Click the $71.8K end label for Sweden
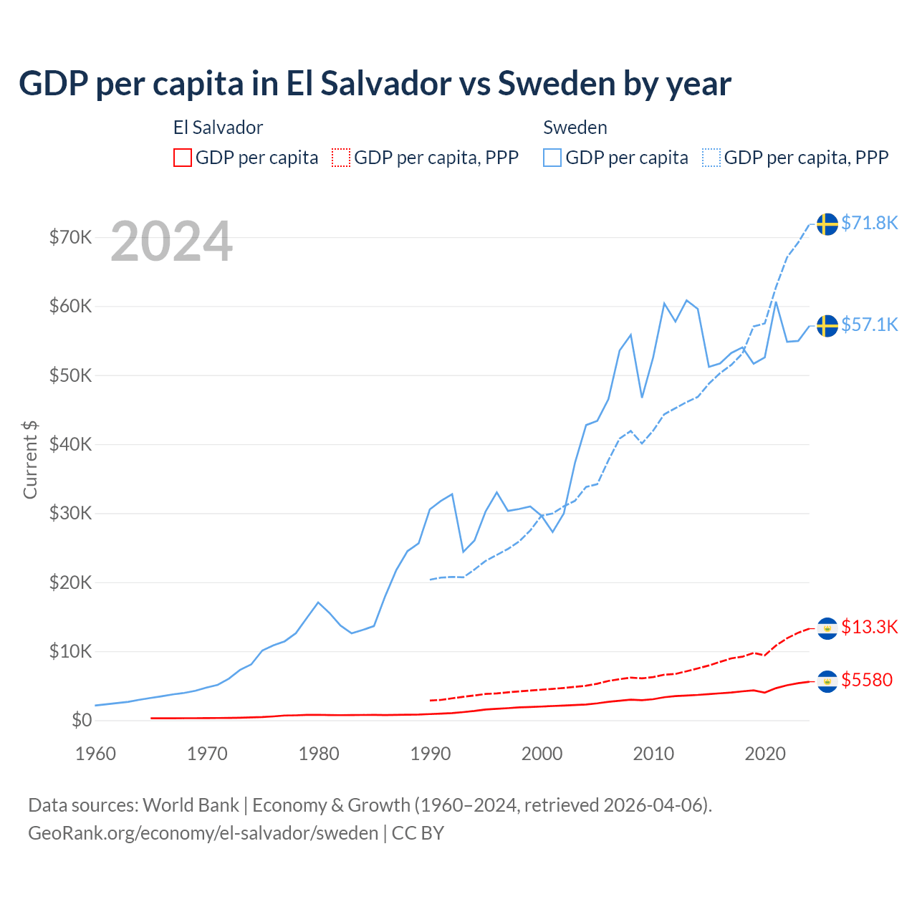coord(869,223)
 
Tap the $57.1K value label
coord(869,325)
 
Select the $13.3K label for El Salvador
coord(869,627)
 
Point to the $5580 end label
coord(867,680)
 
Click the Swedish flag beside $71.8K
coord(827,224)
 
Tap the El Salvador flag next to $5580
coord(827,681)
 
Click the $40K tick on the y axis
coord(70,444)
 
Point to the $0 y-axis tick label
coord(82,720)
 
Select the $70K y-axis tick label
coord(70,237)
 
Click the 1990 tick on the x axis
coord(431,754)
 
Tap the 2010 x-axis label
coord(653,754)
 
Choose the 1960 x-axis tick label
coord(95,754)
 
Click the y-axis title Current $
coord(30,460)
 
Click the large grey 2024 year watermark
coord(171,241)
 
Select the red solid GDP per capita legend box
coord(183,158)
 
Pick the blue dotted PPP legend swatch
coord(711,158)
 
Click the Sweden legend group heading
coord(575,128)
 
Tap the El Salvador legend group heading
coord(218,128)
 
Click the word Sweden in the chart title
coord(556,83)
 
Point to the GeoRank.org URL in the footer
coord(203,833)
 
